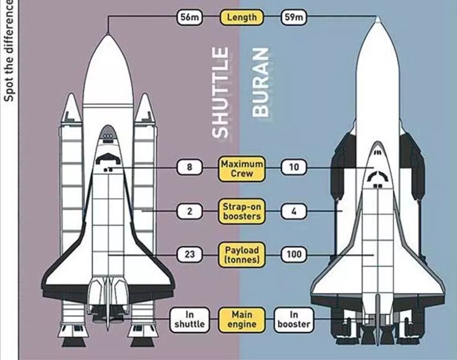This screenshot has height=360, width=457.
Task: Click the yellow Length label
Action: coord(242,18)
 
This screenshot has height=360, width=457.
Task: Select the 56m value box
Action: coord(190,18)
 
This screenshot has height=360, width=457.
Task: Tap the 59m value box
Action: coord(294,18)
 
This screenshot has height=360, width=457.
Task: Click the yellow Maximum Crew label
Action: coord(242,168)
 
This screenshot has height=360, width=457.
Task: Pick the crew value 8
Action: coord(190,167)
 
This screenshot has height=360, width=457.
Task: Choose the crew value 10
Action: coord(294,167)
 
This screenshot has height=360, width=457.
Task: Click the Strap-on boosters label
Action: coord(242,211)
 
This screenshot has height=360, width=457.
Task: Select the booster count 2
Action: coord(190,211)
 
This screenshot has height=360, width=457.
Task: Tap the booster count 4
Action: coord(294,211)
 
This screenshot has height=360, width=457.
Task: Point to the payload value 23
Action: coord(190,254)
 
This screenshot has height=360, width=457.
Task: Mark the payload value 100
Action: coord(294,254)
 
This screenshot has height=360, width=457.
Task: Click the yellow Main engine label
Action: coord(242,319)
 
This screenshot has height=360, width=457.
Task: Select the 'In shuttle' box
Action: coord(190,319)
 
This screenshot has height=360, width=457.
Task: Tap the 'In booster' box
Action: coord(294,319)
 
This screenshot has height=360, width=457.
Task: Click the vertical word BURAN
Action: coord(261,83)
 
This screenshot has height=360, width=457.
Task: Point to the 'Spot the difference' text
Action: coord(9,50)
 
